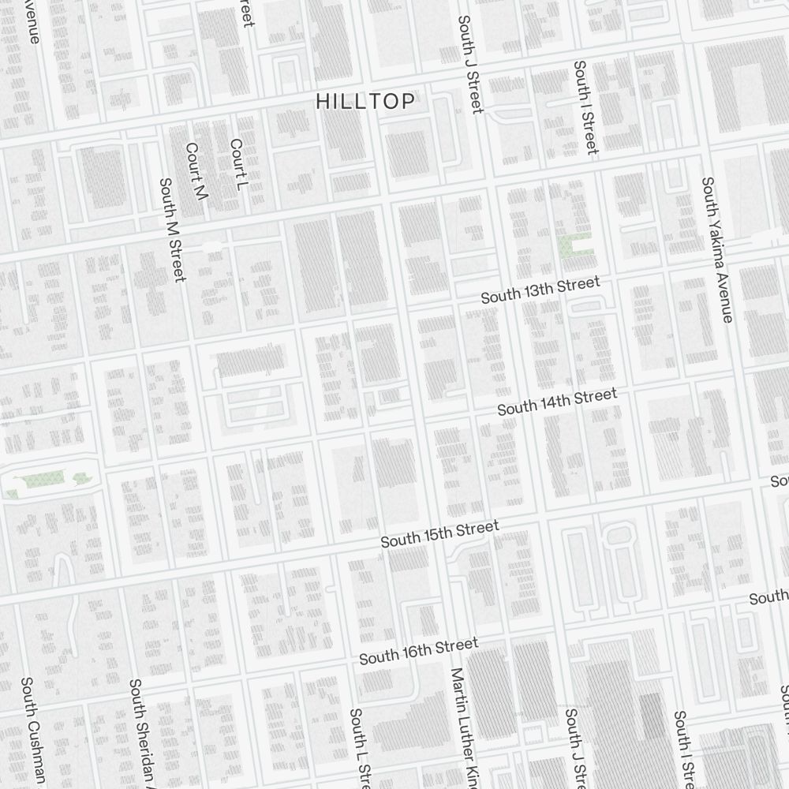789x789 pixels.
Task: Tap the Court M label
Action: pos(195,171)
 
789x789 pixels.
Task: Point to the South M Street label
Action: pos(172,230)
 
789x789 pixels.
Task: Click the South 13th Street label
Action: pos(540,290)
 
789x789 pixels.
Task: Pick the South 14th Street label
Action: pos(557,402)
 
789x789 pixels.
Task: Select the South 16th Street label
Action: pos(419,651)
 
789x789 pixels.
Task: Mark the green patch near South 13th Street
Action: pos(575,247)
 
